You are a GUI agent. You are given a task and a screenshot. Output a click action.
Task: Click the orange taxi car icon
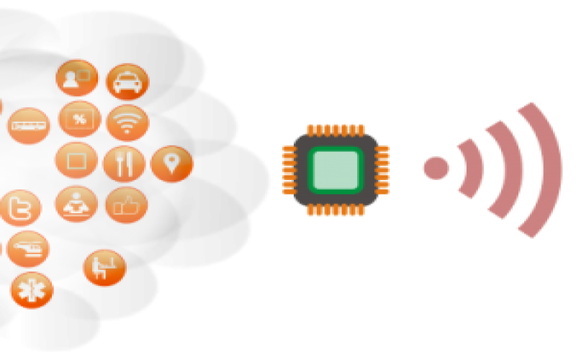[127, 82]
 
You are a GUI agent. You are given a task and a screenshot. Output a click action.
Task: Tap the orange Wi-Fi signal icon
[127, 123]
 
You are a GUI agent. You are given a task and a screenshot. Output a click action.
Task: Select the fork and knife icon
[124, 164]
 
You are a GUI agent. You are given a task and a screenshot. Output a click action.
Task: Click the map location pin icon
[171, 163]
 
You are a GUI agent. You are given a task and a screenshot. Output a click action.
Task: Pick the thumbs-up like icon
[127, 206]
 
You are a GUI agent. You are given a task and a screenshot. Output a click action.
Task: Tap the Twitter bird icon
[19, 208]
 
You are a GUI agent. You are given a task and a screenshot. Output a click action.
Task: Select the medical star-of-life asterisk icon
[32, 290]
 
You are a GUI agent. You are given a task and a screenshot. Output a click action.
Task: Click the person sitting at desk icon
[105, 268]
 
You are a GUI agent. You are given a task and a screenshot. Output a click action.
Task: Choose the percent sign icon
[79, 119]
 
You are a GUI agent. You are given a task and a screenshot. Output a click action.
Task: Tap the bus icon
[28, 125]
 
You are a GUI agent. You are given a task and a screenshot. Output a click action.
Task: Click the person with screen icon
[76, 78]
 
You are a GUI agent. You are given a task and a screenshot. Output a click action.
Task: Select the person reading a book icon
[76, 204]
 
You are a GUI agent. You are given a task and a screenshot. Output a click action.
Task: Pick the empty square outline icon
[76, 160]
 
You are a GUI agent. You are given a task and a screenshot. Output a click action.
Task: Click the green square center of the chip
[335, 170]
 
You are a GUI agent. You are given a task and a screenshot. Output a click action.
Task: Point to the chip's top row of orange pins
[335, 130]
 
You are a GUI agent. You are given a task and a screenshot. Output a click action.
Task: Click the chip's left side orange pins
[288, 170]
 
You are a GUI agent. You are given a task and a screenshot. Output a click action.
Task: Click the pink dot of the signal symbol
[435, 167]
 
